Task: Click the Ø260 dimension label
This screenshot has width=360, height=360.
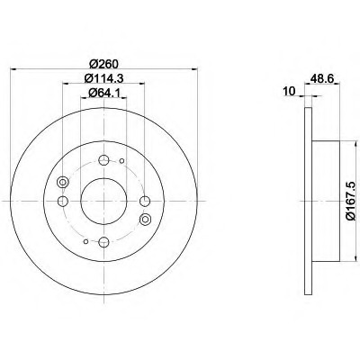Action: coord(103,64)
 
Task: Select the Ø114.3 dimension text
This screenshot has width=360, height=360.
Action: coord(103,78)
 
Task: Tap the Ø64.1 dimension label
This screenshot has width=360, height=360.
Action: coord(103,94)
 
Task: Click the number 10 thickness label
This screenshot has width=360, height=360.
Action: coord(290,91)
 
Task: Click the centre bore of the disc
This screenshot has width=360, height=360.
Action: coord(103,201)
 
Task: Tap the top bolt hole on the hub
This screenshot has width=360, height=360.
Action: coord(103,160)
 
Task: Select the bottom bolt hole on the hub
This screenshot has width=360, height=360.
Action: coord(103,241)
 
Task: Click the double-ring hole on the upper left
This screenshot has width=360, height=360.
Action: coord(62,182)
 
